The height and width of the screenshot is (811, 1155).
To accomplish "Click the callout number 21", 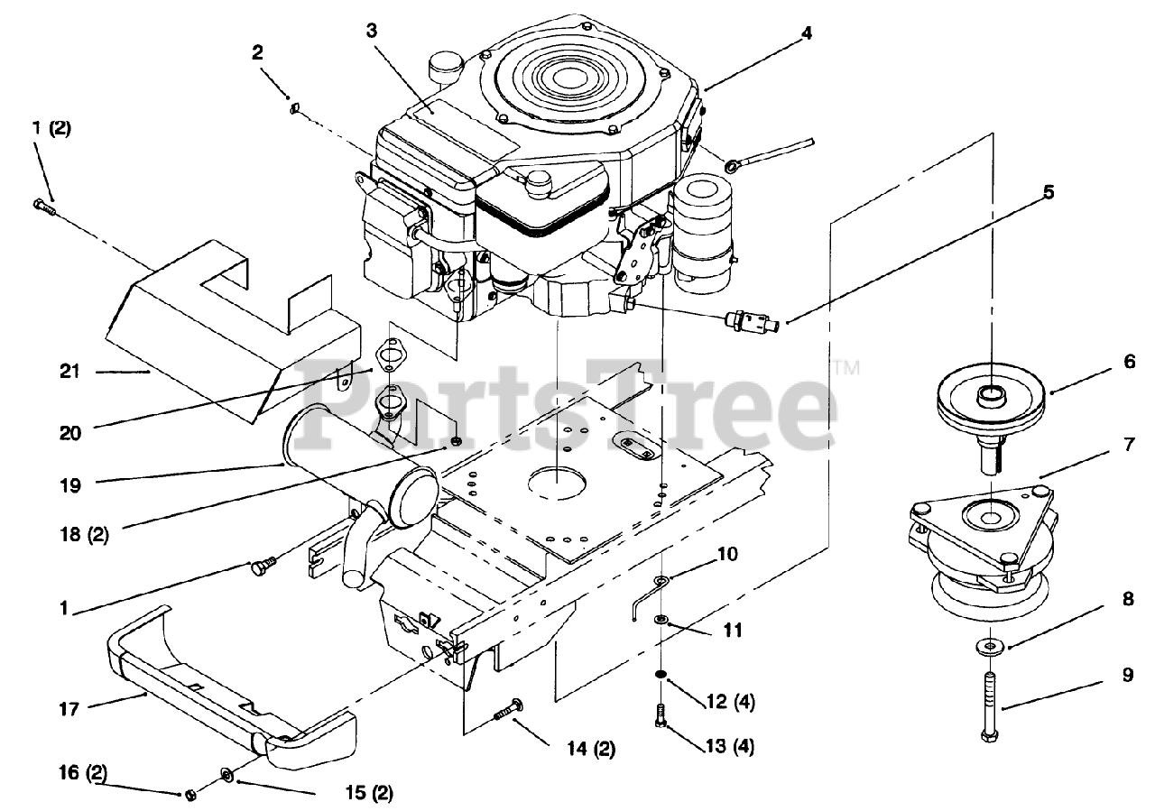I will coord(69,371).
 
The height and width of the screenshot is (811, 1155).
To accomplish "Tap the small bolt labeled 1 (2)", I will coord(44,207).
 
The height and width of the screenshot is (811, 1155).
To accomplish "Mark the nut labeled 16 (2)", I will coord(190,794).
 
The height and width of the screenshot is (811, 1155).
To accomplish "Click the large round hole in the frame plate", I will coord(557,478).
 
